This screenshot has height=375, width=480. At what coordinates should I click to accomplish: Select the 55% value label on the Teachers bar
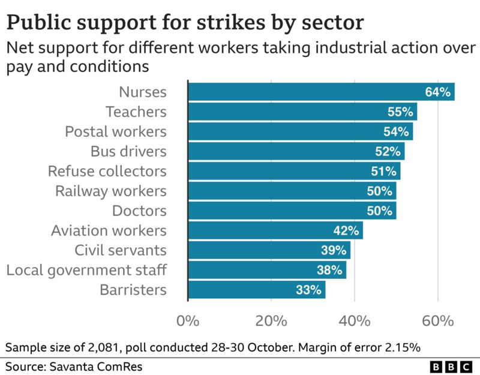pos(399,112)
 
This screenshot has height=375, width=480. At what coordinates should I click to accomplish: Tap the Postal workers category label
pos(124,131)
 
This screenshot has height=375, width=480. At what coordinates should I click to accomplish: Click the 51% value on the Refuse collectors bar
pos(382,171)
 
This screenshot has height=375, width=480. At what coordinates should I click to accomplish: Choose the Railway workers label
pos(110,191)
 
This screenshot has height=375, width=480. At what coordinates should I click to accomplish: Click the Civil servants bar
pos(269,250)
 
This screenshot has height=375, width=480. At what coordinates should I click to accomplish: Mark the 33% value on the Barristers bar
pos(308,290)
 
